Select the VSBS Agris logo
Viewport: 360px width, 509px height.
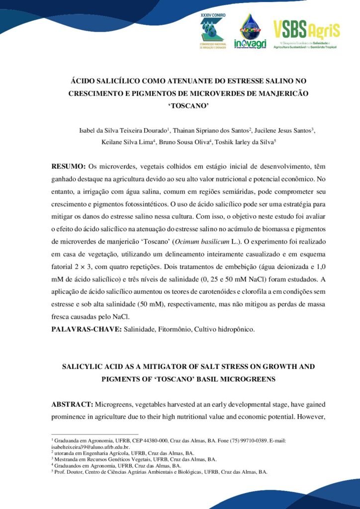[306, 34]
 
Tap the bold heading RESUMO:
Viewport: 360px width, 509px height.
[69, 166]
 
